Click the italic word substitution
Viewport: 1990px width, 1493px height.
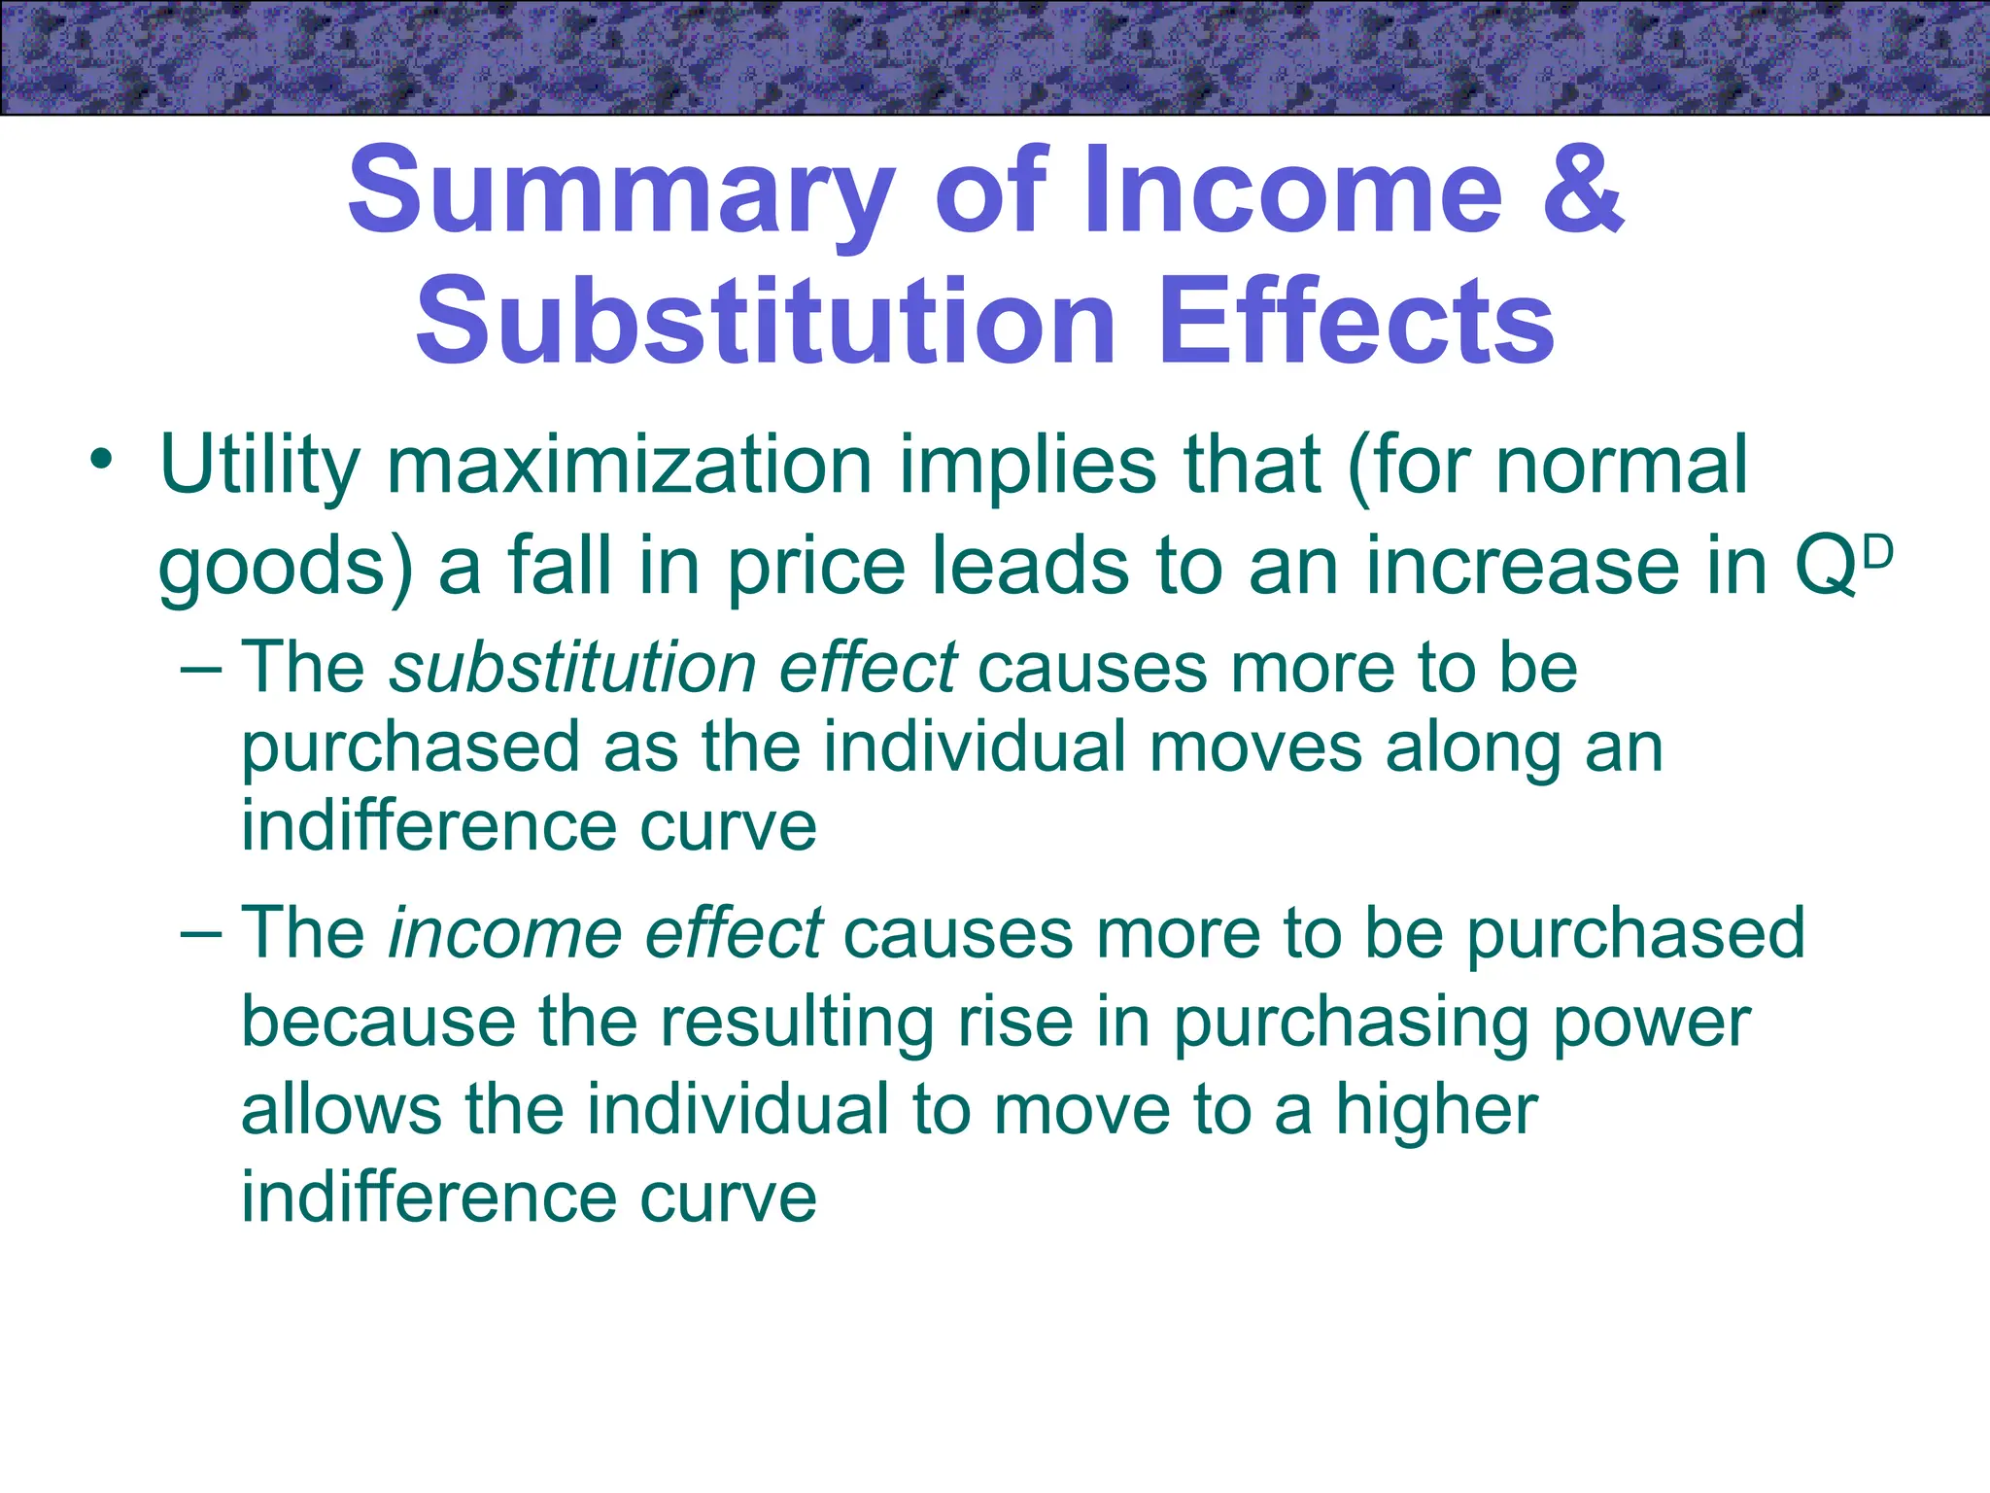pos(573,669)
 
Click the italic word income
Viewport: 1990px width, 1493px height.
pos(505,933)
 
